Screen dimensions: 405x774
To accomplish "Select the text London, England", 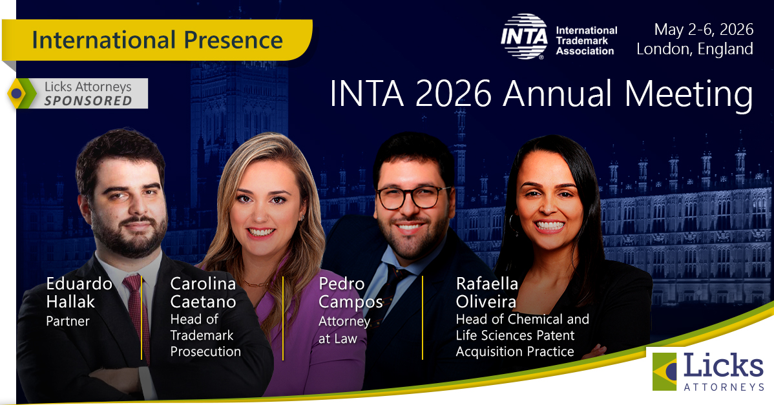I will pyautogui.click(x=695, y=49).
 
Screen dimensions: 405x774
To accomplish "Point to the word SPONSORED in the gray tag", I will pyautogui.click(x=88, y=101).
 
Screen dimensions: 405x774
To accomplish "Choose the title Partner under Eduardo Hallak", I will pyautogui.click(x=68, y=321).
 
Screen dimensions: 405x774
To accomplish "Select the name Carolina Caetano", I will pyautogui.click(x=203, y=293).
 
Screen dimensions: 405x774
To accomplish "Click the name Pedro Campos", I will pyautogui.click(x=350, y=293).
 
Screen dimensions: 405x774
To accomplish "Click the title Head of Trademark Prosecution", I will pyautogui.click(x=205, y=335).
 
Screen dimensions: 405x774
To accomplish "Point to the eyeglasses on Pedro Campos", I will pyautogui.click(x=413, y=196).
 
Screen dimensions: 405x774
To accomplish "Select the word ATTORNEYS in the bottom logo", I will pyautogui.click(x=724, y=386).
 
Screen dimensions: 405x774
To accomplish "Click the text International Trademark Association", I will pyautogui.click(x=586, y=40).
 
